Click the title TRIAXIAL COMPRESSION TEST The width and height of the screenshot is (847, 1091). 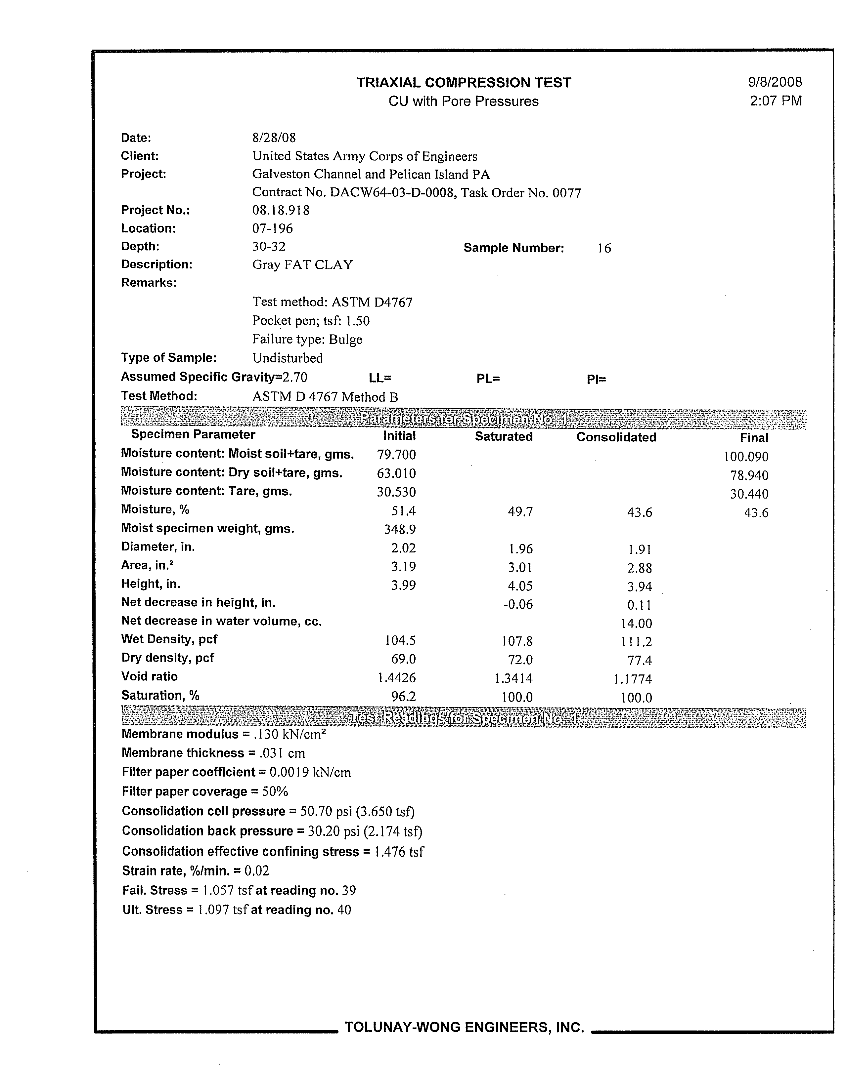click(x=464, y=83)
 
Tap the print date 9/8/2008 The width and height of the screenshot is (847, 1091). click(x=775, y=82)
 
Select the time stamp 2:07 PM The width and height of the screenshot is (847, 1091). click(x=776, y=101)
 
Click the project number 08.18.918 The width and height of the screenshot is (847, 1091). click(x=281, y=210)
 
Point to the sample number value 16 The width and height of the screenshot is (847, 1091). click(x=604, y=248)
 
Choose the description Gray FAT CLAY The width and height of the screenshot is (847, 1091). click(x=302, y=265)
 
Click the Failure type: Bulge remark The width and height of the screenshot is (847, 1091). click(x=307, y=340)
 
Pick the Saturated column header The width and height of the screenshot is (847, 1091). click(x=504, y=437)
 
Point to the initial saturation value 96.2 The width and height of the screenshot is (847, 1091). click(x=404, y=696)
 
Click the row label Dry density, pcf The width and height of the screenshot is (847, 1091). click(x=167, y=658)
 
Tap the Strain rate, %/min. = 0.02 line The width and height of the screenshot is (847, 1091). click(x=196, y=871)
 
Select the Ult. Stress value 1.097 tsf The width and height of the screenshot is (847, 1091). click(x=222, y=910)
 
